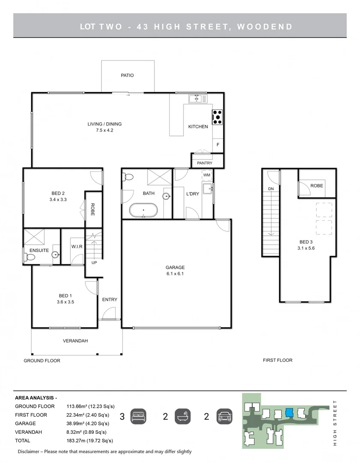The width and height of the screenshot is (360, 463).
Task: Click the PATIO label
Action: click(127, 75)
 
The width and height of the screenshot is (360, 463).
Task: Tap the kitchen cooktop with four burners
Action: click(217, 117)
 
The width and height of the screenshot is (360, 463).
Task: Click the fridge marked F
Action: click(218, 145)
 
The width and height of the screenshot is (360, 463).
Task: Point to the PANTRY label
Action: click(204, 163)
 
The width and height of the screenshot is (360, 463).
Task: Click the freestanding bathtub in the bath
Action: click(143, 211)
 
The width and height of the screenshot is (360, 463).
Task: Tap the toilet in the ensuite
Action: click(29, 257)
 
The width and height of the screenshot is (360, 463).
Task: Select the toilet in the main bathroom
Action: click(128, 177)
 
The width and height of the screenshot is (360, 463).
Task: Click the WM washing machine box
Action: click(207, 175)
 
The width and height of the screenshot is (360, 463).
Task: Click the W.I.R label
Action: click(77, 247)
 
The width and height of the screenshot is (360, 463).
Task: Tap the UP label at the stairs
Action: click(94, 263)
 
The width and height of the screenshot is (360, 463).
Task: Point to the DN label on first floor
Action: click(270, 189)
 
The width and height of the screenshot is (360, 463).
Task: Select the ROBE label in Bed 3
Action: click(317, 186)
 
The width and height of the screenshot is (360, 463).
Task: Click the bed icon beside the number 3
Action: click(138, 416)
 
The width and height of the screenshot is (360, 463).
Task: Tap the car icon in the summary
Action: click(225, 416)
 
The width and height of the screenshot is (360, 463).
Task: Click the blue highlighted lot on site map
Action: click(289, 412)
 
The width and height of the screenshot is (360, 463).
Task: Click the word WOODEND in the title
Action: click(264, 27)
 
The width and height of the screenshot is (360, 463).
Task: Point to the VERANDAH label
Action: click(75, 341)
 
